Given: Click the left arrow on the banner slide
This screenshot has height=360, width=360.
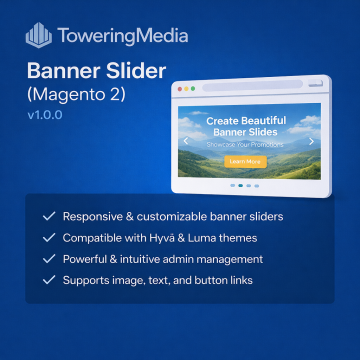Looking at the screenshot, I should [187, 141].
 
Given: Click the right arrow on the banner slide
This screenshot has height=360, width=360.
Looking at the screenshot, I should [310, 141].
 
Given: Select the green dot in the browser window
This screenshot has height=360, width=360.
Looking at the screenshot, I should [196, 92].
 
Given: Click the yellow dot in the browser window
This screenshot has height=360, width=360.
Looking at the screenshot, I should [189, 92].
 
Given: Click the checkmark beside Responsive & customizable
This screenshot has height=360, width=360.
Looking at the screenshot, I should [47, 215].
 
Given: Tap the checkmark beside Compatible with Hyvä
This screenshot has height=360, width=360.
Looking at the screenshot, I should [47, 237].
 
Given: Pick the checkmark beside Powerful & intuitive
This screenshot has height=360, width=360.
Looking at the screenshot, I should [47, 258].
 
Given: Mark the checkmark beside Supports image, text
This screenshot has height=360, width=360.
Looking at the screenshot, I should [47, 280].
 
